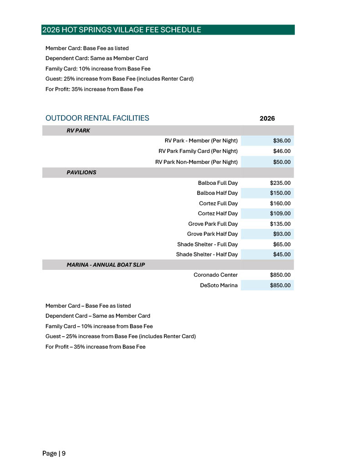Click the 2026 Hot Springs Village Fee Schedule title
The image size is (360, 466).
(x=122, y=30)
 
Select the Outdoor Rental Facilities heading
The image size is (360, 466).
(x=97, y=118)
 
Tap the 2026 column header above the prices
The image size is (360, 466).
(x=267, y=118)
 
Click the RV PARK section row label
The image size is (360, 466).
(x=78, y=130)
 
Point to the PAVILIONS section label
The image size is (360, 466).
(x=81, y=172)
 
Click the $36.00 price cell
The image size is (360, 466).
(x=281, y=141)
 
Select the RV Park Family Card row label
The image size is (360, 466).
(x=198, y=151)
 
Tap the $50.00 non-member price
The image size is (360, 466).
(x=281, y=162)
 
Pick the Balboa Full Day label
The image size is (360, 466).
(x=218, y=183)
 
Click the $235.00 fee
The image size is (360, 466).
(x=280, y=183)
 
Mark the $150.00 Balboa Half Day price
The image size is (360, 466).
(x=280, y=193)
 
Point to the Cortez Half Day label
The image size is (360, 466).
(x=218, y=213)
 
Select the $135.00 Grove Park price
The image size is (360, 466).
(x=280, y=224)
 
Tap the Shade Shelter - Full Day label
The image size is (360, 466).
(x=207, y=244)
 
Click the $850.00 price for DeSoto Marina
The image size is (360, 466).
(x=280, y=285)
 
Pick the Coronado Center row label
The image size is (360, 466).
(x=215, y=275)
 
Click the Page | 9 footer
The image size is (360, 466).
(x=54, y=453)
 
